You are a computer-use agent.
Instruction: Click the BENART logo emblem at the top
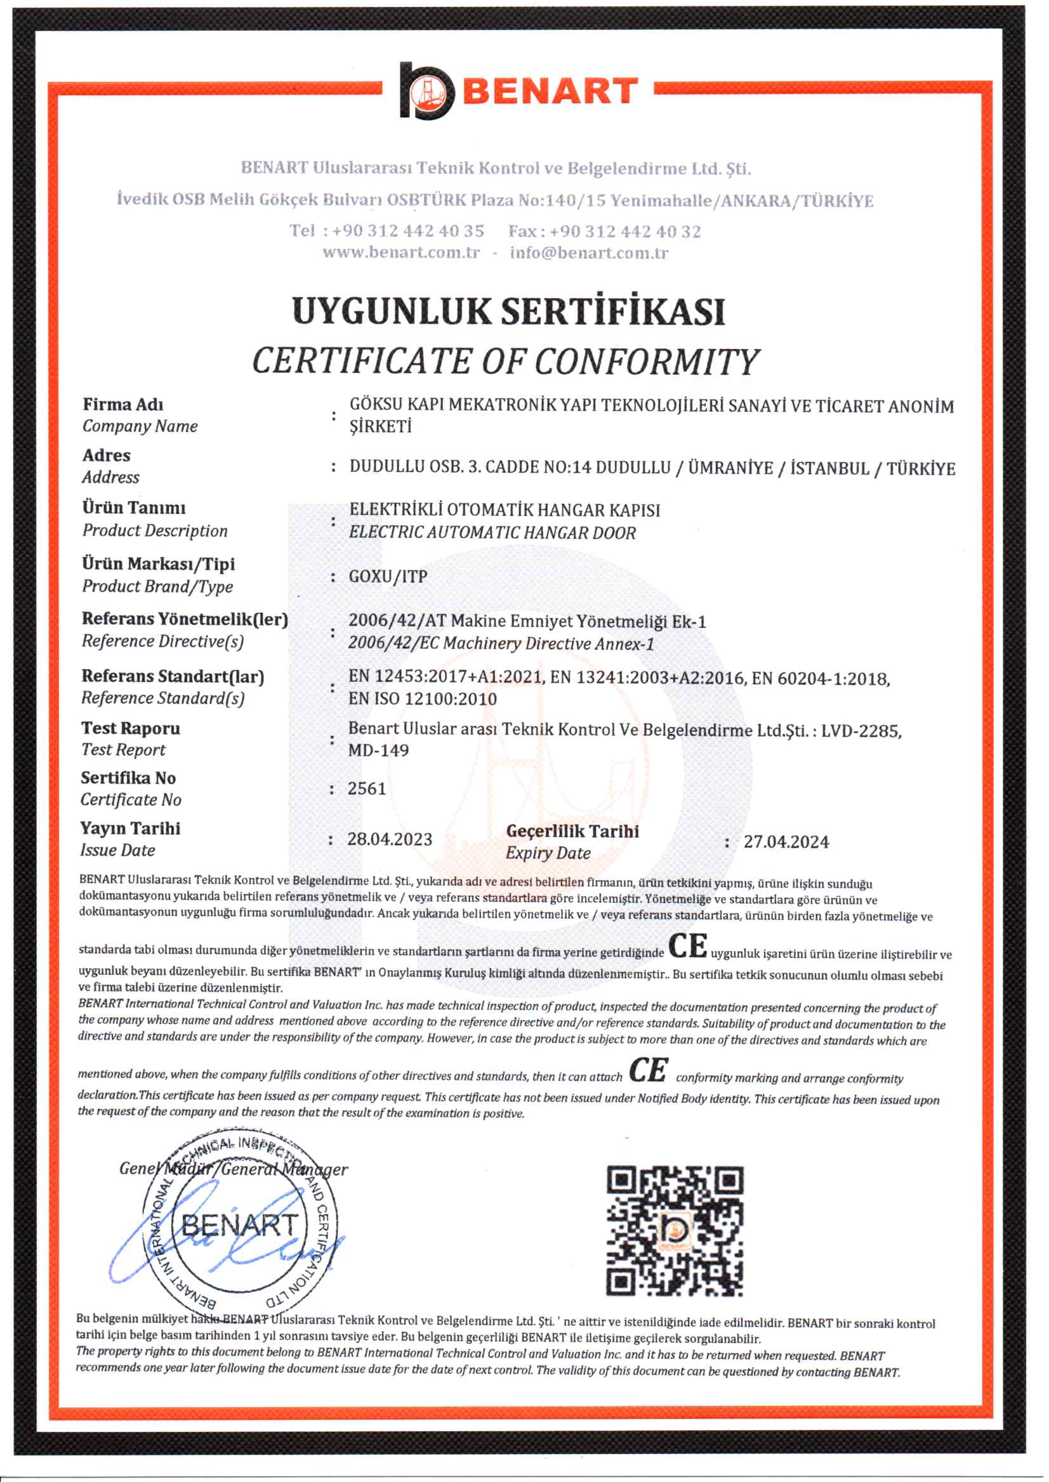click(426, 91)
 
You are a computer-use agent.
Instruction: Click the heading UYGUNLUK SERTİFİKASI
click(508, 311)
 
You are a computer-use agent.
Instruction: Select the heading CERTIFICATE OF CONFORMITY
click(505, 361)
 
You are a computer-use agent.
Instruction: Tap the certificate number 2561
click(366, 789)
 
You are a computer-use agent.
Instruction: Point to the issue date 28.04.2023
click(390, 839)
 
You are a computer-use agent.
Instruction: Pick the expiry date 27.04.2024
click(786, 841)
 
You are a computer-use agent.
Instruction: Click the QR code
click(675, 1231)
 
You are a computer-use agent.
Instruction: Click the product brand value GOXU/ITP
click(388, 576)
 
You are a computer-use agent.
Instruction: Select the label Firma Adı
click(122, 404)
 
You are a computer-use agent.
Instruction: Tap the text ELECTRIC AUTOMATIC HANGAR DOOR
click(492, 533)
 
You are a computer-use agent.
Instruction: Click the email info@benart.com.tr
click(589, 252)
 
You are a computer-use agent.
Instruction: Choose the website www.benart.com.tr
click(401, 252)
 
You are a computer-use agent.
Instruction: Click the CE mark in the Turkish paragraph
click(687, 946)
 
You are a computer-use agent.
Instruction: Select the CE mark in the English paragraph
click(649, 1070)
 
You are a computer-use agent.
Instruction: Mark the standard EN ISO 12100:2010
click(423, 698)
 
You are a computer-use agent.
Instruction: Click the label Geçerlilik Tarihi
click(572, 831)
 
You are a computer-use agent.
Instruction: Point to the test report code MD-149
click(378, 751)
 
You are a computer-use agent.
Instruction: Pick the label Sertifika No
click(128, 778)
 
